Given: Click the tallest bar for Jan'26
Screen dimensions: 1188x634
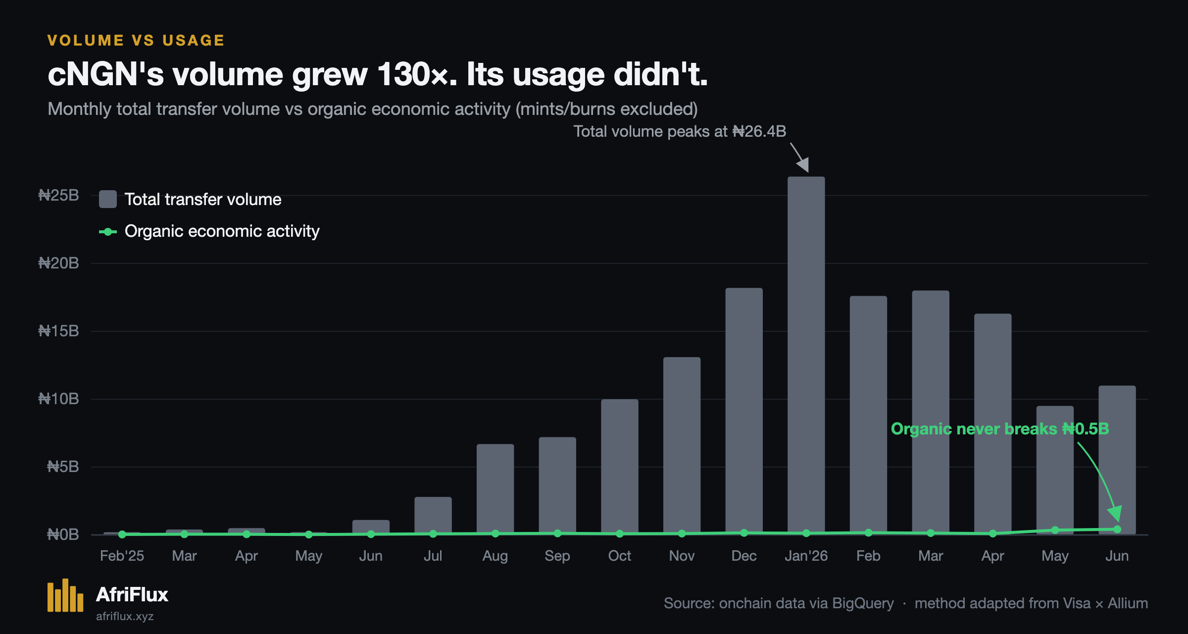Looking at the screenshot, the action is tap(806, 355).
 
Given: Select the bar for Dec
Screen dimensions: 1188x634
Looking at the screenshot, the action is tap(744, 411).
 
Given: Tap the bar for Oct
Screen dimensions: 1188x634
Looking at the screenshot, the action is tap(620, 467).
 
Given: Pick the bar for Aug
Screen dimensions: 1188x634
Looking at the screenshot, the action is tap(495, 489).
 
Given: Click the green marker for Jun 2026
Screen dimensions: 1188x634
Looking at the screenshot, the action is tap(1117, 529).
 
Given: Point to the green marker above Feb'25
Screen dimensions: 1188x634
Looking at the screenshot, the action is tap(122, 534).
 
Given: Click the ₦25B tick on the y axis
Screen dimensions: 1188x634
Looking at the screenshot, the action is tap(58, 195).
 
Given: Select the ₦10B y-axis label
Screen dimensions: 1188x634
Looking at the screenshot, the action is tap(58, 399).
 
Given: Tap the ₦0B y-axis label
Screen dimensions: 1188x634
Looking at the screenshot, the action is tap(63, 534).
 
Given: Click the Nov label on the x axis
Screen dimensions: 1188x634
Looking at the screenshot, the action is tap(682, 556).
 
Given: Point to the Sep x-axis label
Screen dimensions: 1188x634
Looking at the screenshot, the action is tap(557, 556).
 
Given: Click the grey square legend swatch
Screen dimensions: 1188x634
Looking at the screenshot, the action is tap(108, 199).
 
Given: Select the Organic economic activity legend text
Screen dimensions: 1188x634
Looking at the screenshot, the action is tap(222, 231).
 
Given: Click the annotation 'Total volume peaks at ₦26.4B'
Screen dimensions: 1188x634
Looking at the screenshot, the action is tap(680, 131).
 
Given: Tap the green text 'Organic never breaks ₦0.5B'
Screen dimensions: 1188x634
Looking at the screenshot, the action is tap(1000, 428).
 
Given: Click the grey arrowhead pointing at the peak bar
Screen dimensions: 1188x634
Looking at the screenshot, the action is tap(803, 164).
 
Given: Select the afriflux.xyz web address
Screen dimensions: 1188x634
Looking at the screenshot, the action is tap(125, 616).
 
